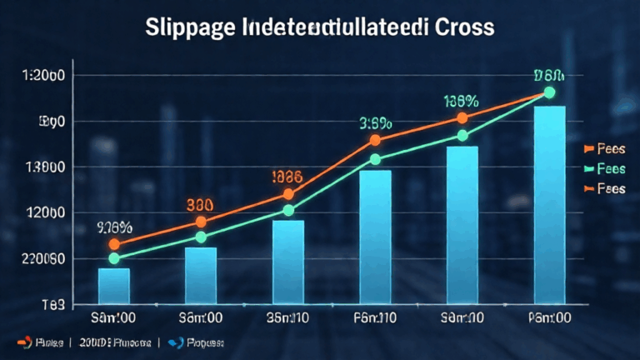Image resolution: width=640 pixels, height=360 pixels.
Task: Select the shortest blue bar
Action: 114,285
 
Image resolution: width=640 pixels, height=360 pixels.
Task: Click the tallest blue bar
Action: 549,204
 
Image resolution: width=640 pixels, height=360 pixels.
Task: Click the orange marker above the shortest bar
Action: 114,244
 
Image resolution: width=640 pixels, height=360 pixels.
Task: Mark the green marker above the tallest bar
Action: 549,92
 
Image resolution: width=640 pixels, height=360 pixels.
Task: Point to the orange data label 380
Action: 200,204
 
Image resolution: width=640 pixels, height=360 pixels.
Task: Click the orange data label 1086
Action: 288,177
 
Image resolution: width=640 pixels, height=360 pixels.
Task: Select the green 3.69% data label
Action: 375,123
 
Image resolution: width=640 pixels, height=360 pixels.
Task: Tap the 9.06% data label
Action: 115,226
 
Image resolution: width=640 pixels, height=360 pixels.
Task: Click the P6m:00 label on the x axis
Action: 549,318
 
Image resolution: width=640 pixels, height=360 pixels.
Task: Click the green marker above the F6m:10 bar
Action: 375,159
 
